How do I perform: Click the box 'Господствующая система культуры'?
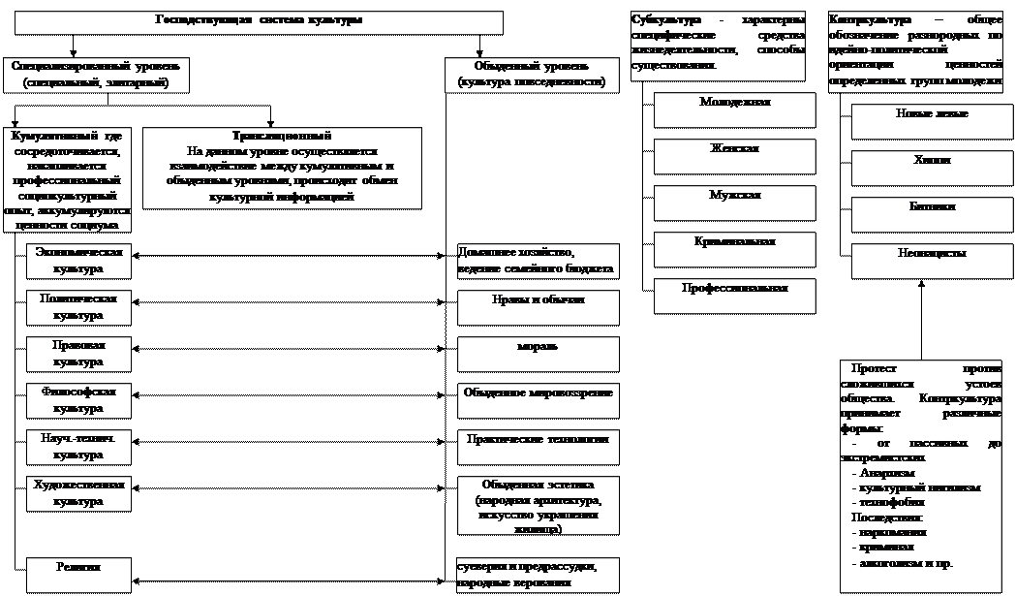pyautogui.click(x=259, y=22)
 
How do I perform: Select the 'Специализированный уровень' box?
pyautogui.click(x=96, y=75)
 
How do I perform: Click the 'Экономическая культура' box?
pyautogui.click(x=78, y=260)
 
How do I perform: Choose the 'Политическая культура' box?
pyautogui.click(x=78, y=307)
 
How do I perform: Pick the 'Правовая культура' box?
pyautogui.click(x=78, y=354)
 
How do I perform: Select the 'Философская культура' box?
pyautogui.click(x=78, y=400)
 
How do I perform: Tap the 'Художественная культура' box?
pyautogui.click(x=78, y=493)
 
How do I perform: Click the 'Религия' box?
pyautogui.click(x=78, y=574)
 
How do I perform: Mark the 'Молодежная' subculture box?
pyautogui.click(x=734, y=110)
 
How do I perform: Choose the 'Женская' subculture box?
pyautogui.click(x=734, y=156)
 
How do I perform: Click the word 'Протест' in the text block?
pyautogui.click(x=874, y=369)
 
